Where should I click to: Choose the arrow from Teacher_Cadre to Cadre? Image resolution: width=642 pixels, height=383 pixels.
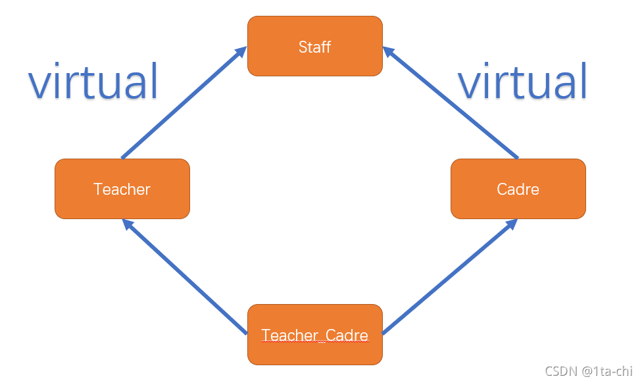[447, 276]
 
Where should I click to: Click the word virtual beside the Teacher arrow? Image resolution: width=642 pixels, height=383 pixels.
[93, 81]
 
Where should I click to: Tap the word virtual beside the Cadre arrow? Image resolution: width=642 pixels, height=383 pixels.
[522, 81]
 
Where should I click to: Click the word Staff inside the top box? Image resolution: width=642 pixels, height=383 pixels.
[314, 47]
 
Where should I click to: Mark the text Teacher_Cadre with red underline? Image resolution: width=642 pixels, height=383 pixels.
[314, 336]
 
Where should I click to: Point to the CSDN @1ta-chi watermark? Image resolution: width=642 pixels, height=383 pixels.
[588, 371]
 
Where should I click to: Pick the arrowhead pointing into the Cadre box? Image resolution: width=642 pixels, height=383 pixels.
[510, 226]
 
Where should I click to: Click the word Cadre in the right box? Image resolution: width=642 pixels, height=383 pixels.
[518, 190]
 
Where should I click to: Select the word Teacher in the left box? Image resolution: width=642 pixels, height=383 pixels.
[122, 190]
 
